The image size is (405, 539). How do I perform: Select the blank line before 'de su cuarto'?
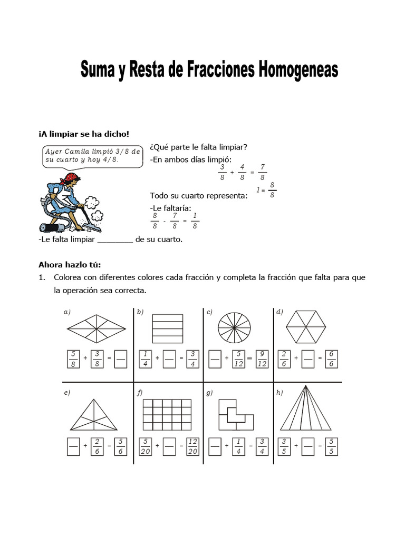pyautogui.click(x=115, y=239)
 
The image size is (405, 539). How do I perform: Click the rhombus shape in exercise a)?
pyautogui.click(x=97, y=328)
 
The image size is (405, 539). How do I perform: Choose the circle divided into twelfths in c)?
pyautogui.click(x=236, y=328)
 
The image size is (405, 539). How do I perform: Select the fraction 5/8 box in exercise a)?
pyautogui.click(x=74, y=358)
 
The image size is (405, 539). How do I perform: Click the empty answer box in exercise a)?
pyautogui.click(x=121, y=358)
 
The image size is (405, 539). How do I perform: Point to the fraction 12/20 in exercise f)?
pyautogui.click(x=192, y=446)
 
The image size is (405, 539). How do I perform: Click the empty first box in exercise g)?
pyautogui.click(x=215, y=446)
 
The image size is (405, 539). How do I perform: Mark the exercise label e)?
pyautogui.click(x=67, y=392)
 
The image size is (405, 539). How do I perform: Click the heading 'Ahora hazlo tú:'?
pyautogui.click(x=69, y=264)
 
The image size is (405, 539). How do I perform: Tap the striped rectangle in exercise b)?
pyautogui.click(x=167, y=328)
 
